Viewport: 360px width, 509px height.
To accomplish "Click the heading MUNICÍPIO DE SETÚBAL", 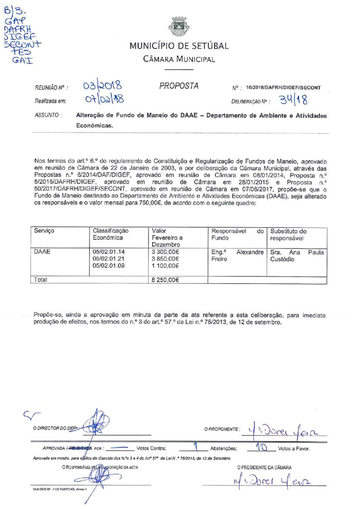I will pyautogui.click(x=179, y=46).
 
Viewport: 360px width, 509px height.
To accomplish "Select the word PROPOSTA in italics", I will pyautogui.click(x=179, y=86).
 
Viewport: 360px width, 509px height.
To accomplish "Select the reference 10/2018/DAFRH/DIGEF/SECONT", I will pyautogui.click(x=283, y=88).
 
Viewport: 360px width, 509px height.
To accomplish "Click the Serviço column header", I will pyautogui.click(x=44, y=231).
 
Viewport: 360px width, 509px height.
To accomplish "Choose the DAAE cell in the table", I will pyautogui.click(x=42, y=252).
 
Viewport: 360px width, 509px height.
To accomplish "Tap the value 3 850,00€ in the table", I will pyautogui.click(x=165, y=259).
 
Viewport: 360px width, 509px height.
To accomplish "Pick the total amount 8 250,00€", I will pyautogui.click(x=165, y=280).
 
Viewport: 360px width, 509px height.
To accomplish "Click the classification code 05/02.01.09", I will pyautogui.click(x=109, y=266).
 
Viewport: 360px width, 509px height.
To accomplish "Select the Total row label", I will pyautogui.click(x=40, y=280).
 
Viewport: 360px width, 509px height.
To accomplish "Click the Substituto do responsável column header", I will pyautogui.click(x=288, y=235).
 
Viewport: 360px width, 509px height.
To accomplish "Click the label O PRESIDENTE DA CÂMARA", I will pyautogui.click(x=264, y=468).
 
